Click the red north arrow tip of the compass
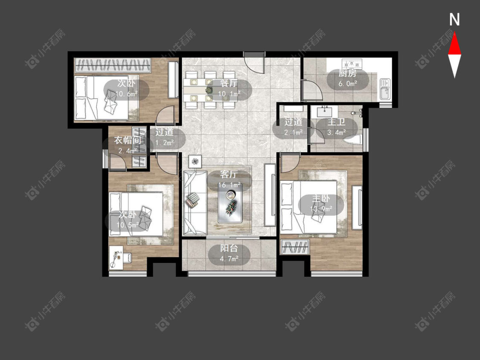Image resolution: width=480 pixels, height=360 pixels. click(454, 33)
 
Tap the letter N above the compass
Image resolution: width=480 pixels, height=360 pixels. click(454, 20)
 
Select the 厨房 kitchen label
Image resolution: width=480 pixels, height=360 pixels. click(347, 73)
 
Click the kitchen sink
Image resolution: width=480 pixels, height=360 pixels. click(385, 89)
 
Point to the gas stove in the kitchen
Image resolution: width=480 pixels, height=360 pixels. click(352, 64)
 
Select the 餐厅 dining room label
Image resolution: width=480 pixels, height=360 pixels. click(229, 83)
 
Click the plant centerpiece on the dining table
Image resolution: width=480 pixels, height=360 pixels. click(210, 90)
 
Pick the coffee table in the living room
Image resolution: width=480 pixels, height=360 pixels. click(230, 203)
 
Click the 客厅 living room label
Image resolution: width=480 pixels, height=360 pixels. click(229, 174)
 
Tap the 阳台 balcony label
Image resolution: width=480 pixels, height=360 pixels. click(229, 248)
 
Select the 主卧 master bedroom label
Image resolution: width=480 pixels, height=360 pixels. click(321, 198)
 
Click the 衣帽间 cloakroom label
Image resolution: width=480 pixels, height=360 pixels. click(128, 140)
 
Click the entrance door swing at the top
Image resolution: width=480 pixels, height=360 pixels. click(254, 63)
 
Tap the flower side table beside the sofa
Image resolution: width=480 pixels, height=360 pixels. click(195, 161)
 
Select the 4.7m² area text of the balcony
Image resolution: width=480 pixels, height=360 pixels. click(229, 259)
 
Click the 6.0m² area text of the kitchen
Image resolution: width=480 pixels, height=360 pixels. click(348, 84)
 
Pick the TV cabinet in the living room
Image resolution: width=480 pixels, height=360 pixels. click(270, 195)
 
